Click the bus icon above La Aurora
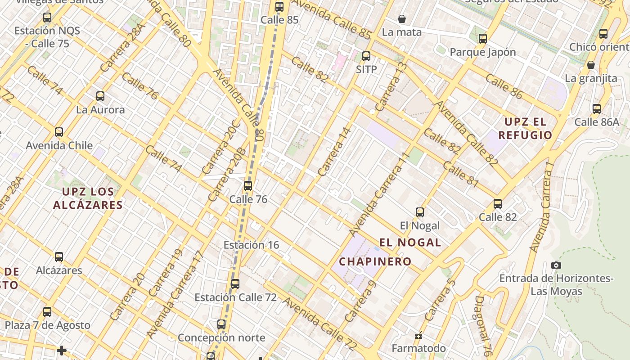[x=100, y=96]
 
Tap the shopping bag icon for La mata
[x=402, y=19]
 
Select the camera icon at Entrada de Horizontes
[x=556, y=265]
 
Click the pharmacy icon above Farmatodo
[x=418, y=336]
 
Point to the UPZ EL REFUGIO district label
[x=525, y=128]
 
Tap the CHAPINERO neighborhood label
[x=375, y=261]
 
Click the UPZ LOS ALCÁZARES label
[x=88, y=198]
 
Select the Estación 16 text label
[x=251, y=245]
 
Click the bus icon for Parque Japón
[x=483, y=39]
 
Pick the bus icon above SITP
[x=366, y=56]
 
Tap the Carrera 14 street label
[x=334, y=152]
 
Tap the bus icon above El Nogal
[x=420, y=212]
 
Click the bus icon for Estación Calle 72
[x=235, y=284]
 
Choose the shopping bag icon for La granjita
[x=591, y=65]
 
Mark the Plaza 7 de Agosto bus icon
[x=47, y=312]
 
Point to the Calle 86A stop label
[x=597, y=122]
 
